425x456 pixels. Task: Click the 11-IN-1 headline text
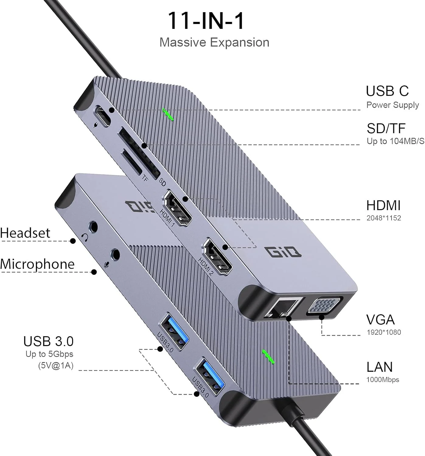tap(206, 21)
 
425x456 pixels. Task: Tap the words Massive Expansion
tap(214, 43)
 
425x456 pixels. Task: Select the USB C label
tap(387, 91)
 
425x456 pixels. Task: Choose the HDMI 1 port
tap(178, 210)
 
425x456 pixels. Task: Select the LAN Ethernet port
tap(283, 308)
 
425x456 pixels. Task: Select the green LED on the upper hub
tap(168, 114)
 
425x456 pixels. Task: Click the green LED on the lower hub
tap(268, 356)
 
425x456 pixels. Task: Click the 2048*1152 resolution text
tap(383, 218)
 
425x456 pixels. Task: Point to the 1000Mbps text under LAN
tap(382, 380)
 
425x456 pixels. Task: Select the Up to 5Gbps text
tap(49, 354)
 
